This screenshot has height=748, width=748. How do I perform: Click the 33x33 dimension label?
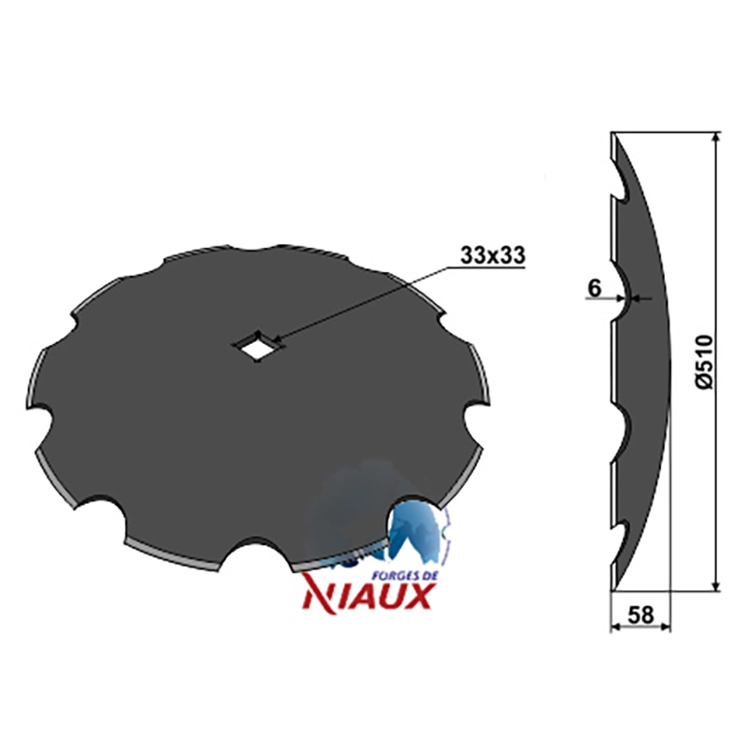[493, 255]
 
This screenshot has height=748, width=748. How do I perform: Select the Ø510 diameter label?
[704, 362]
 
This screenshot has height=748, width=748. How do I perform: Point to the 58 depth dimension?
[640, 615]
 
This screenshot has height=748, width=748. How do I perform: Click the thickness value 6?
[595, 289]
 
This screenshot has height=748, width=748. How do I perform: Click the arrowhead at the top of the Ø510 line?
[715, 137]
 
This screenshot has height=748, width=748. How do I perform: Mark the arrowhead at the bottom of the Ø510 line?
[715, 586]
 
